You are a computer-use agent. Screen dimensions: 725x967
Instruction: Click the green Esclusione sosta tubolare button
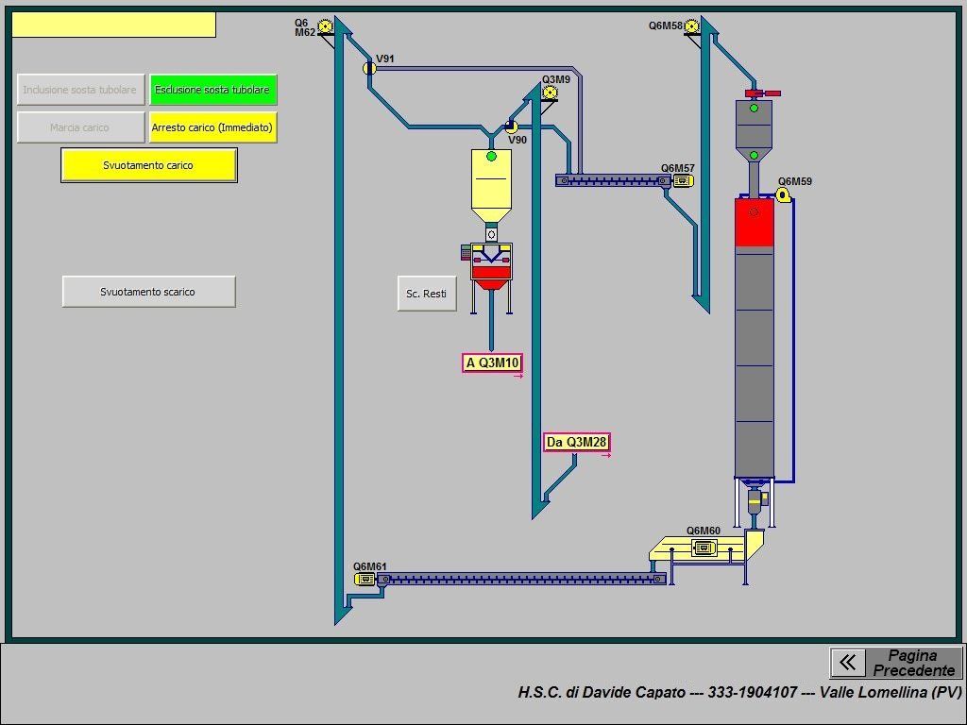(212, 90)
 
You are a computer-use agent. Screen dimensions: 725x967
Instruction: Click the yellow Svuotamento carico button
(148, 165)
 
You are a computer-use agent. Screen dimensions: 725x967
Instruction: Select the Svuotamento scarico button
(148, 292)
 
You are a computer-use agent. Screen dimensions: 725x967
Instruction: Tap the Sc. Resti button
(427, 294)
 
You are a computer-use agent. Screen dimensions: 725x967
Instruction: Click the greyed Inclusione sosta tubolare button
(80, 90)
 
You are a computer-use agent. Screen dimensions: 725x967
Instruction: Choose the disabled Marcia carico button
(80, 127)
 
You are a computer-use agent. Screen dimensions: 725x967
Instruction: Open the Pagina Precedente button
(896, 663)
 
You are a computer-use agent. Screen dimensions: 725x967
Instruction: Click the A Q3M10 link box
(492, 362)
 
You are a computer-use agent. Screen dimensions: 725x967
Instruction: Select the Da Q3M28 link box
(576, 442)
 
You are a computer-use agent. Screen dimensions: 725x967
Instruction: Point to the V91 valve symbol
(369, 68)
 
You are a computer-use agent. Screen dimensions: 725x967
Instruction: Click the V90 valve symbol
(511, 126)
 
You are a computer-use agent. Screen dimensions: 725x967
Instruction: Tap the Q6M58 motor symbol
(692, 26)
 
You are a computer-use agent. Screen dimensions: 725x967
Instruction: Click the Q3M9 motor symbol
(550, 93)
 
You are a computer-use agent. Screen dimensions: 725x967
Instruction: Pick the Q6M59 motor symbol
(783, 194)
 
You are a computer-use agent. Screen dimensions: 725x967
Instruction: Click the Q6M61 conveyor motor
(365, 579)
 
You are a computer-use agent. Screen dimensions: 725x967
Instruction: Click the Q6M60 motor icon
(704, 548)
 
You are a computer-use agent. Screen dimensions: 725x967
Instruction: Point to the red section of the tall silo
(754, 222)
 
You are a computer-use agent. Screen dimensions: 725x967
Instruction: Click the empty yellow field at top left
(113, 25)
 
